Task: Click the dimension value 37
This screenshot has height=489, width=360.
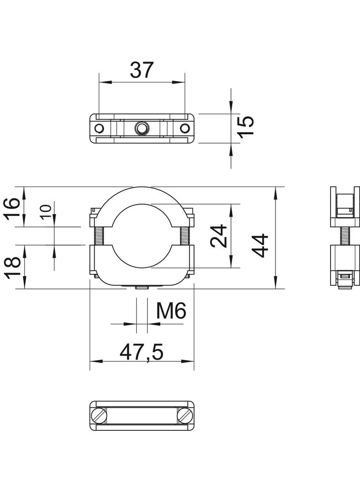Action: point(142,70)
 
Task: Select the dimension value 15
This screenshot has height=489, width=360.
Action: point(245,126)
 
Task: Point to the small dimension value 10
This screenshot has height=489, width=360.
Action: point(45,212)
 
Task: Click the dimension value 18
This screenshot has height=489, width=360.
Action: point(12,266)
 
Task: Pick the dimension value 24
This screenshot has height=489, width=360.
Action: point(219,235)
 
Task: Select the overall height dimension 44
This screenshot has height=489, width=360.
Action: point(260,245)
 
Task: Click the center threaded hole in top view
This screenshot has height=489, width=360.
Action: point(142,128)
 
